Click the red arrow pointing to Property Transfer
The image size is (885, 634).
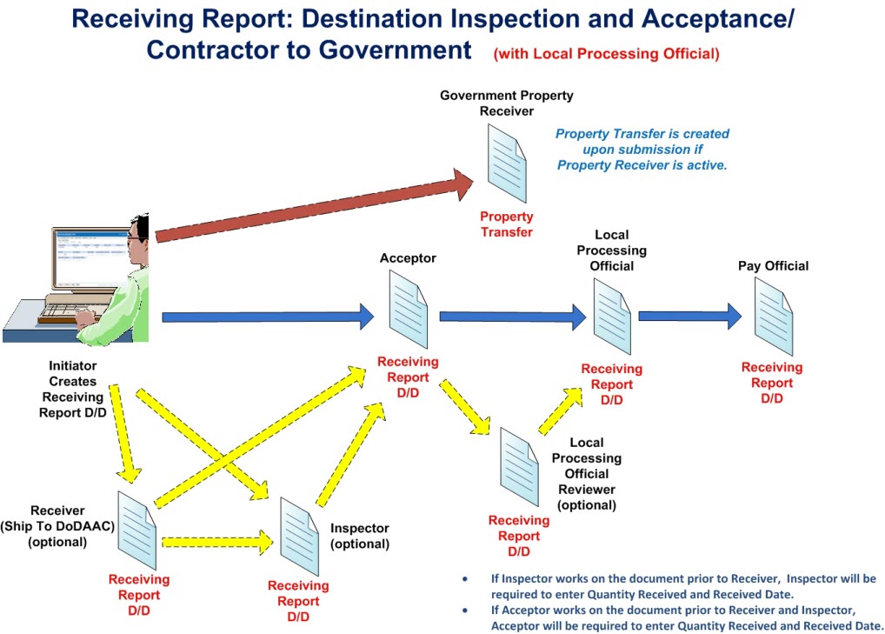[x=314, y=206]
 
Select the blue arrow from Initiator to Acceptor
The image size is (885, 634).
[x=268, y=317]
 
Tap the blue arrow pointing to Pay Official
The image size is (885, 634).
[x=689, y=317]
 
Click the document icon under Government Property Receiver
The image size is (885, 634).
[x=507, y=164]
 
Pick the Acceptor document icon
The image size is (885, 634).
[x=408, y=309]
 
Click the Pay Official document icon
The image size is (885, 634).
[x=774, y=317]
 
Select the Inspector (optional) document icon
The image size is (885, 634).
[x=299, y=537]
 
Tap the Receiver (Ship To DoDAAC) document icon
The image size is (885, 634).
[x=136, y=531]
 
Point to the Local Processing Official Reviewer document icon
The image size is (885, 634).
[x=519, y=467]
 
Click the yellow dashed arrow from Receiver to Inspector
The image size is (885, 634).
[x=217, y=542]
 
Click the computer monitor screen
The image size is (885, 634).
[x=91, y=257]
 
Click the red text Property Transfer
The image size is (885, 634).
[x=507, y=224]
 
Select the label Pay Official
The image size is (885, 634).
[x=773, y=266]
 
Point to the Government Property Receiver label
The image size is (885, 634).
[x=506, y=103]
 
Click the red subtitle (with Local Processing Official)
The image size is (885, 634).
[x=607, y=54]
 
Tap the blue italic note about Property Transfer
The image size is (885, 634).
[x=642, y=150]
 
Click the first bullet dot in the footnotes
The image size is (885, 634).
[x=465, y=578]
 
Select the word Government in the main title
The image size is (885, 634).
[x=395, y=50]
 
